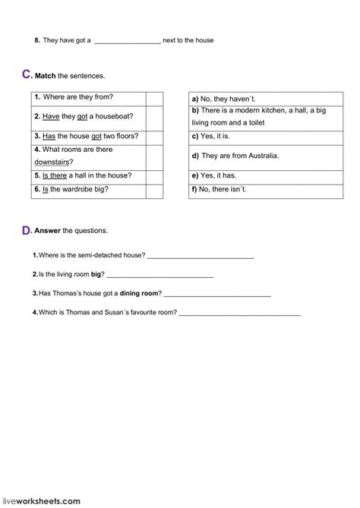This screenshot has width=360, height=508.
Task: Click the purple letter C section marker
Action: click(x=27, y=74)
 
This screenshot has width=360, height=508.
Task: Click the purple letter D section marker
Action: click(x=27, y=229)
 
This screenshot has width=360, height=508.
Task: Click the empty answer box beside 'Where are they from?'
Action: click(x=154, y=99)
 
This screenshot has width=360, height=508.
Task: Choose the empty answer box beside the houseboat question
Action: click(x=154, y=116)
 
